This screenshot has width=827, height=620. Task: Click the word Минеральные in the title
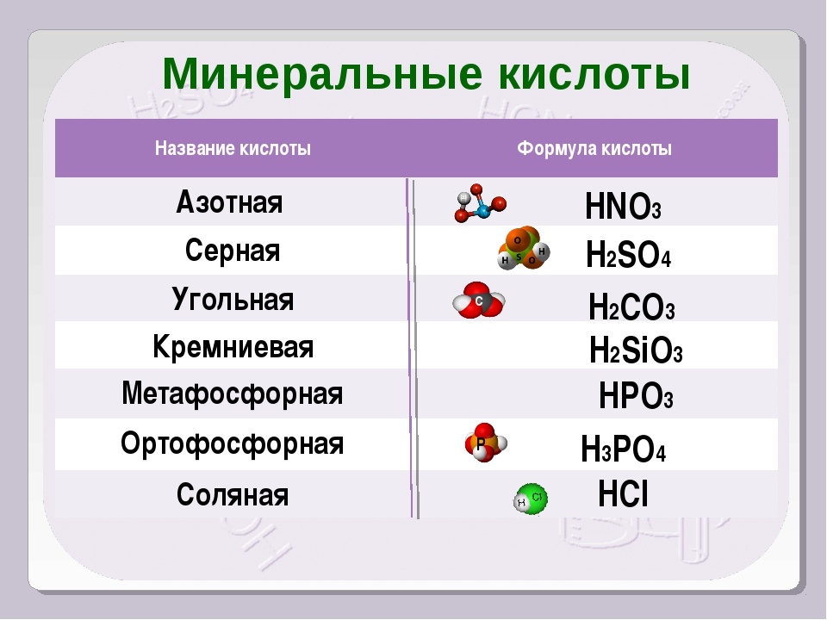click(x=322, y=74)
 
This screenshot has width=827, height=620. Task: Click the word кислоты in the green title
click(x=594, y=74)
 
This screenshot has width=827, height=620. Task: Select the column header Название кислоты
click(x=233, y=149)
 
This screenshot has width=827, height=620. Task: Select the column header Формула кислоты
click(x=594, y=149)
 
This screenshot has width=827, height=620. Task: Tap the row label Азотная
click(x=229, y=201)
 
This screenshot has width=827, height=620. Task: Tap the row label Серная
click(x=232, y=251)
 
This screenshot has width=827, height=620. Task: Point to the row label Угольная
click(x=233, y=300)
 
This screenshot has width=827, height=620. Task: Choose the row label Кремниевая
click(x=233, y=347)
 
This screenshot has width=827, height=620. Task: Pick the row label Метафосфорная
click(x=232, y=394)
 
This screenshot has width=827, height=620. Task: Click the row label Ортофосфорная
click(x=232, y=443)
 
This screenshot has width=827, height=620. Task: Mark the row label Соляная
click(x=233, y=494)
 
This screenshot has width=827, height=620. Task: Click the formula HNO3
click(x=623, y=206)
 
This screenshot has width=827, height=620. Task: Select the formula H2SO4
click(x=628, y=254)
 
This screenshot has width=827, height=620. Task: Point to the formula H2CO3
click(x=631, y=307)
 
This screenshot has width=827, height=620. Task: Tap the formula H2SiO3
click(x=636, y=350)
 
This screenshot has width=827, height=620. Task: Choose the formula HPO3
click(x=636, y=396)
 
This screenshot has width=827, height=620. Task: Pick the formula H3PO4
click(x=623, y=449)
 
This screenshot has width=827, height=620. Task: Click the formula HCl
click(x=623, y=494)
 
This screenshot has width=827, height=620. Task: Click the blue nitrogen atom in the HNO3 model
click(x=483, y=212)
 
